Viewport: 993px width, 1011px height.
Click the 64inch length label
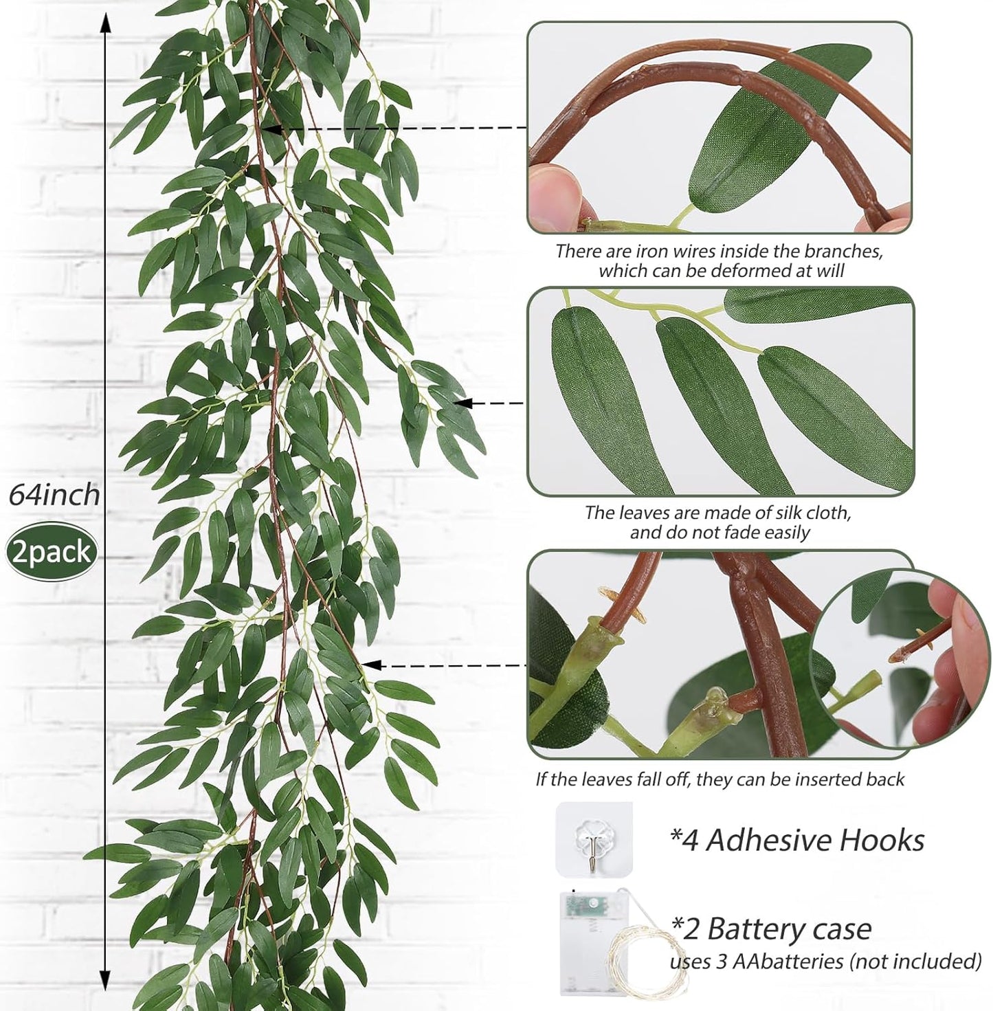click(x=54, y=494)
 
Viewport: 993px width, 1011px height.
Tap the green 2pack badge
click(x=52, y=553)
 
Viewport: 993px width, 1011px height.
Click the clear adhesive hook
click(x=594, y=839)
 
